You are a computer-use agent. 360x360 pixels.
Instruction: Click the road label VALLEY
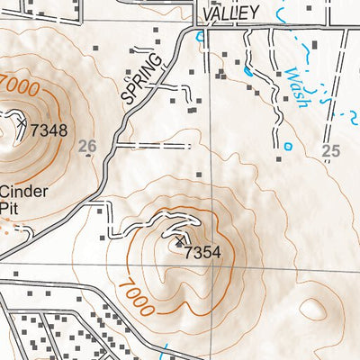pos(231,12)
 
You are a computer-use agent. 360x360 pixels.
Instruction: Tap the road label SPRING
pos(142,77)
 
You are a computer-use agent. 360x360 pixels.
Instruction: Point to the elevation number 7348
pos(49,130)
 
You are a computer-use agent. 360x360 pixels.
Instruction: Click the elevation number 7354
pos(202,253)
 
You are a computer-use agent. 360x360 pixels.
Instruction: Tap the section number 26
pos(86,146)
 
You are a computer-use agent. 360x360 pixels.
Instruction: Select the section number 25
pos(331,150)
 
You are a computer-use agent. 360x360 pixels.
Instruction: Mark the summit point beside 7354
pos(179,243)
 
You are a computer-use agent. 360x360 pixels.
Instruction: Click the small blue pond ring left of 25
pos(288,146)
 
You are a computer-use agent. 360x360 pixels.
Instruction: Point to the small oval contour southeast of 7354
pos(312,310)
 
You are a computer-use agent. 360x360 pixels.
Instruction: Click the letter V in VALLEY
pos(208,12)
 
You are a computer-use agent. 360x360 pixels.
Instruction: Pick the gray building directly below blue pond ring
pos(280,158)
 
